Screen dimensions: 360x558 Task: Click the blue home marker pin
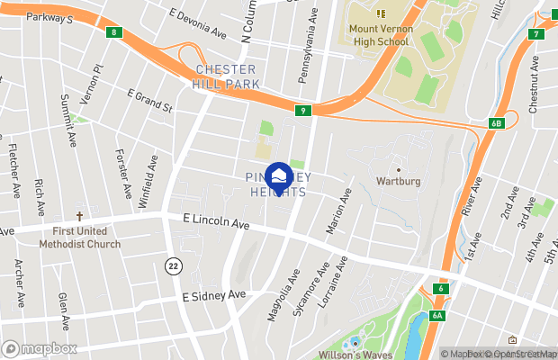click(x=279, y=177)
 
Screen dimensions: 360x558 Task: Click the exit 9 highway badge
click(x=303, y=111)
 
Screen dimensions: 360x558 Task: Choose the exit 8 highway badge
click(x=113, y=32)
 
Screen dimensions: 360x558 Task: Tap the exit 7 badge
click(x=537, y=34)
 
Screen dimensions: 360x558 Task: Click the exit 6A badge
click(x=438, y=315)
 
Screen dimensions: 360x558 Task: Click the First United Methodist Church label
click(x=79, y=238)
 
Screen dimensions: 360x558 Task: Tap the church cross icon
click(x=79, y=217)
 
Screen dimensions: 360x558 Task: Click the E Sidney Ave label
click(x=213, y=295)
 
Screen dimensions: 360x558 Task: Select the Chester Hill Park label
click(x=227, y=76)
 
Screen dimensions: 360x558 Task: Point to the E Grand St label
click(x=149, y=101)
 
